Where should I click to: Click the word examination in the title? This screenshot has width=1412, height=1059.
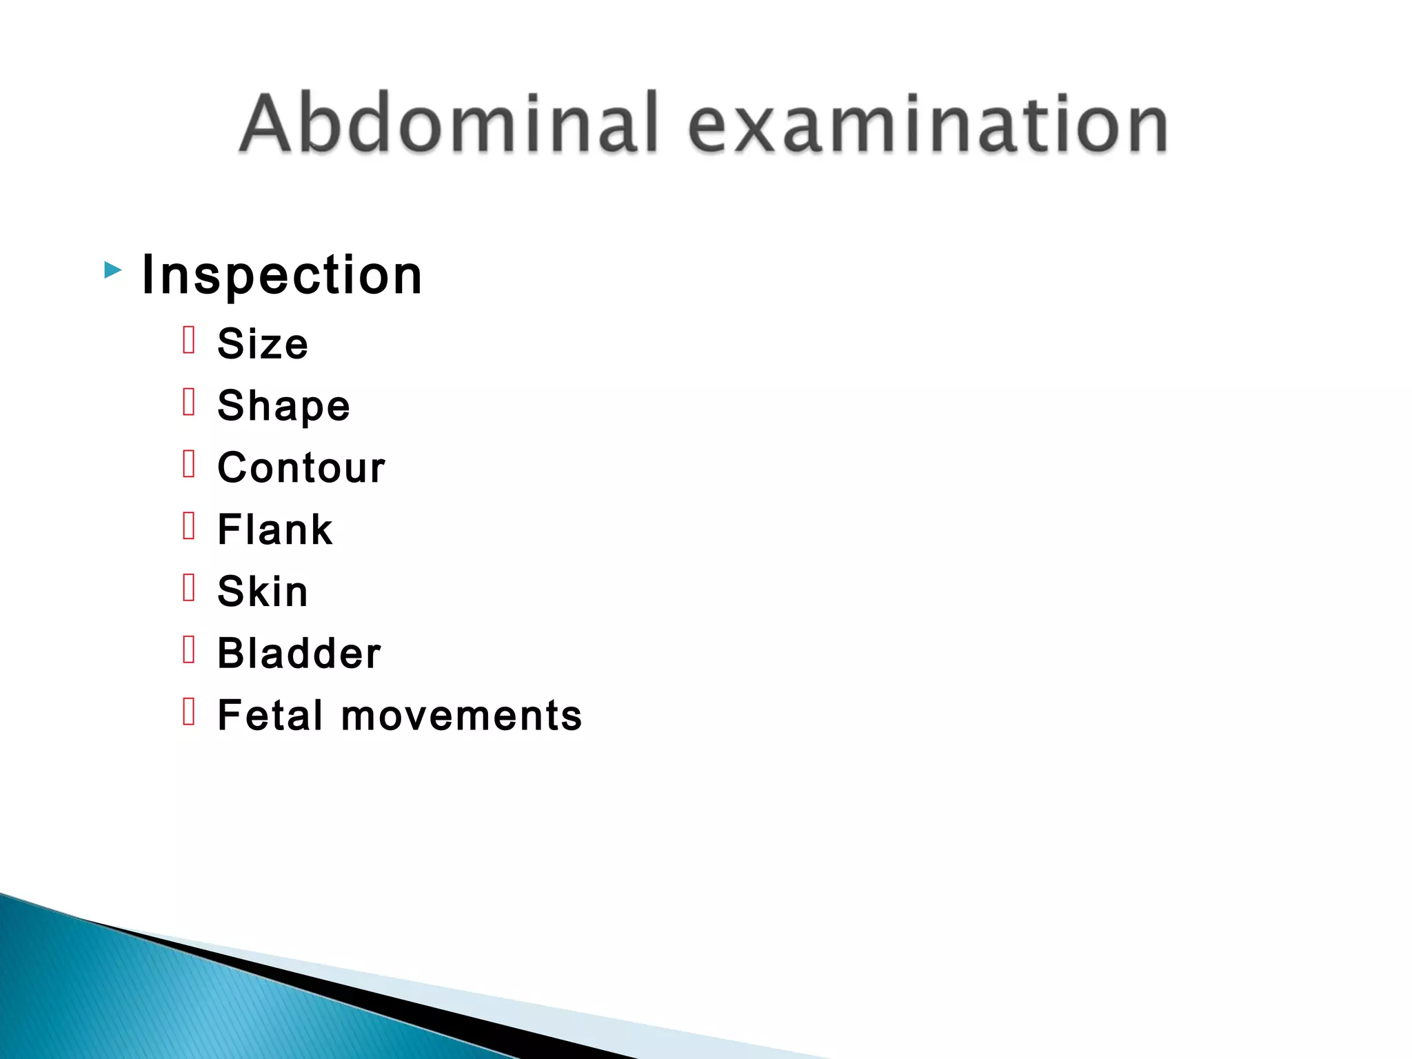tap(927, 124)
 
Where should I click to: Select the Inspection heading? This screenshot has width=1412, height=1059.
tap(281, 275)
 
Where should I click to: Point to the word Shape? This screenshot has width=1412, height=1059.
tap(283, 405)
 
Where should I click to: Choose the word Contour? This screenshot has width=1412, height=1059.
tap(301, 467)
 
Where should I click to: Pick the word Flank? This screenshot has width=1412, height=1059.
tap(275, 529)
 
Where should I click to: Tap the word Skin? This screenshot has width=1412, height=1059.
tap(263, 592)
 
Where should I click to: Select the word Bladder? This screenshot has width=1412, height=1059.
tap(299, 653)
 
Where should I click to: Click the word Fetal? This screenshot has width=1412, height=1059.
tap(270, 715)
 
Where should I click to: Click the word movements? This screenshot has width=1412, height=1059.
tap(461, 715)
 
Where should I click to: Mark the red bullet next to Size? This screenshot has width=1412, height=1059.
tap(190, 340)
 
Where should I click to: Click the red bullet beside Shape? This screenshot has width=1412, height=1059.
tap(190, 402)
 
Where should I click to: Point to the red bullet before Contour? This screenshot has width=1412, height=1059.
tap(190, 464)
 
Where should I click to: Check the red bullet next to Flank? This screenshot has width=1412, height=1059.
tap(190, 526)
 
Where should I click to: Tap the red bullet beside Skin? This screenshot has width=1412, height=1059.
tap(190, 588)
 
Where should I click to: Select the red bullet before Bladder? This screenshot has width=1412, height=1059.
tap(190, 649)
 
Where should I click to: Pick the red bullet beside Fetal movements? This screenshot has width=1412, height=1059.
tap(190, 712)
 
